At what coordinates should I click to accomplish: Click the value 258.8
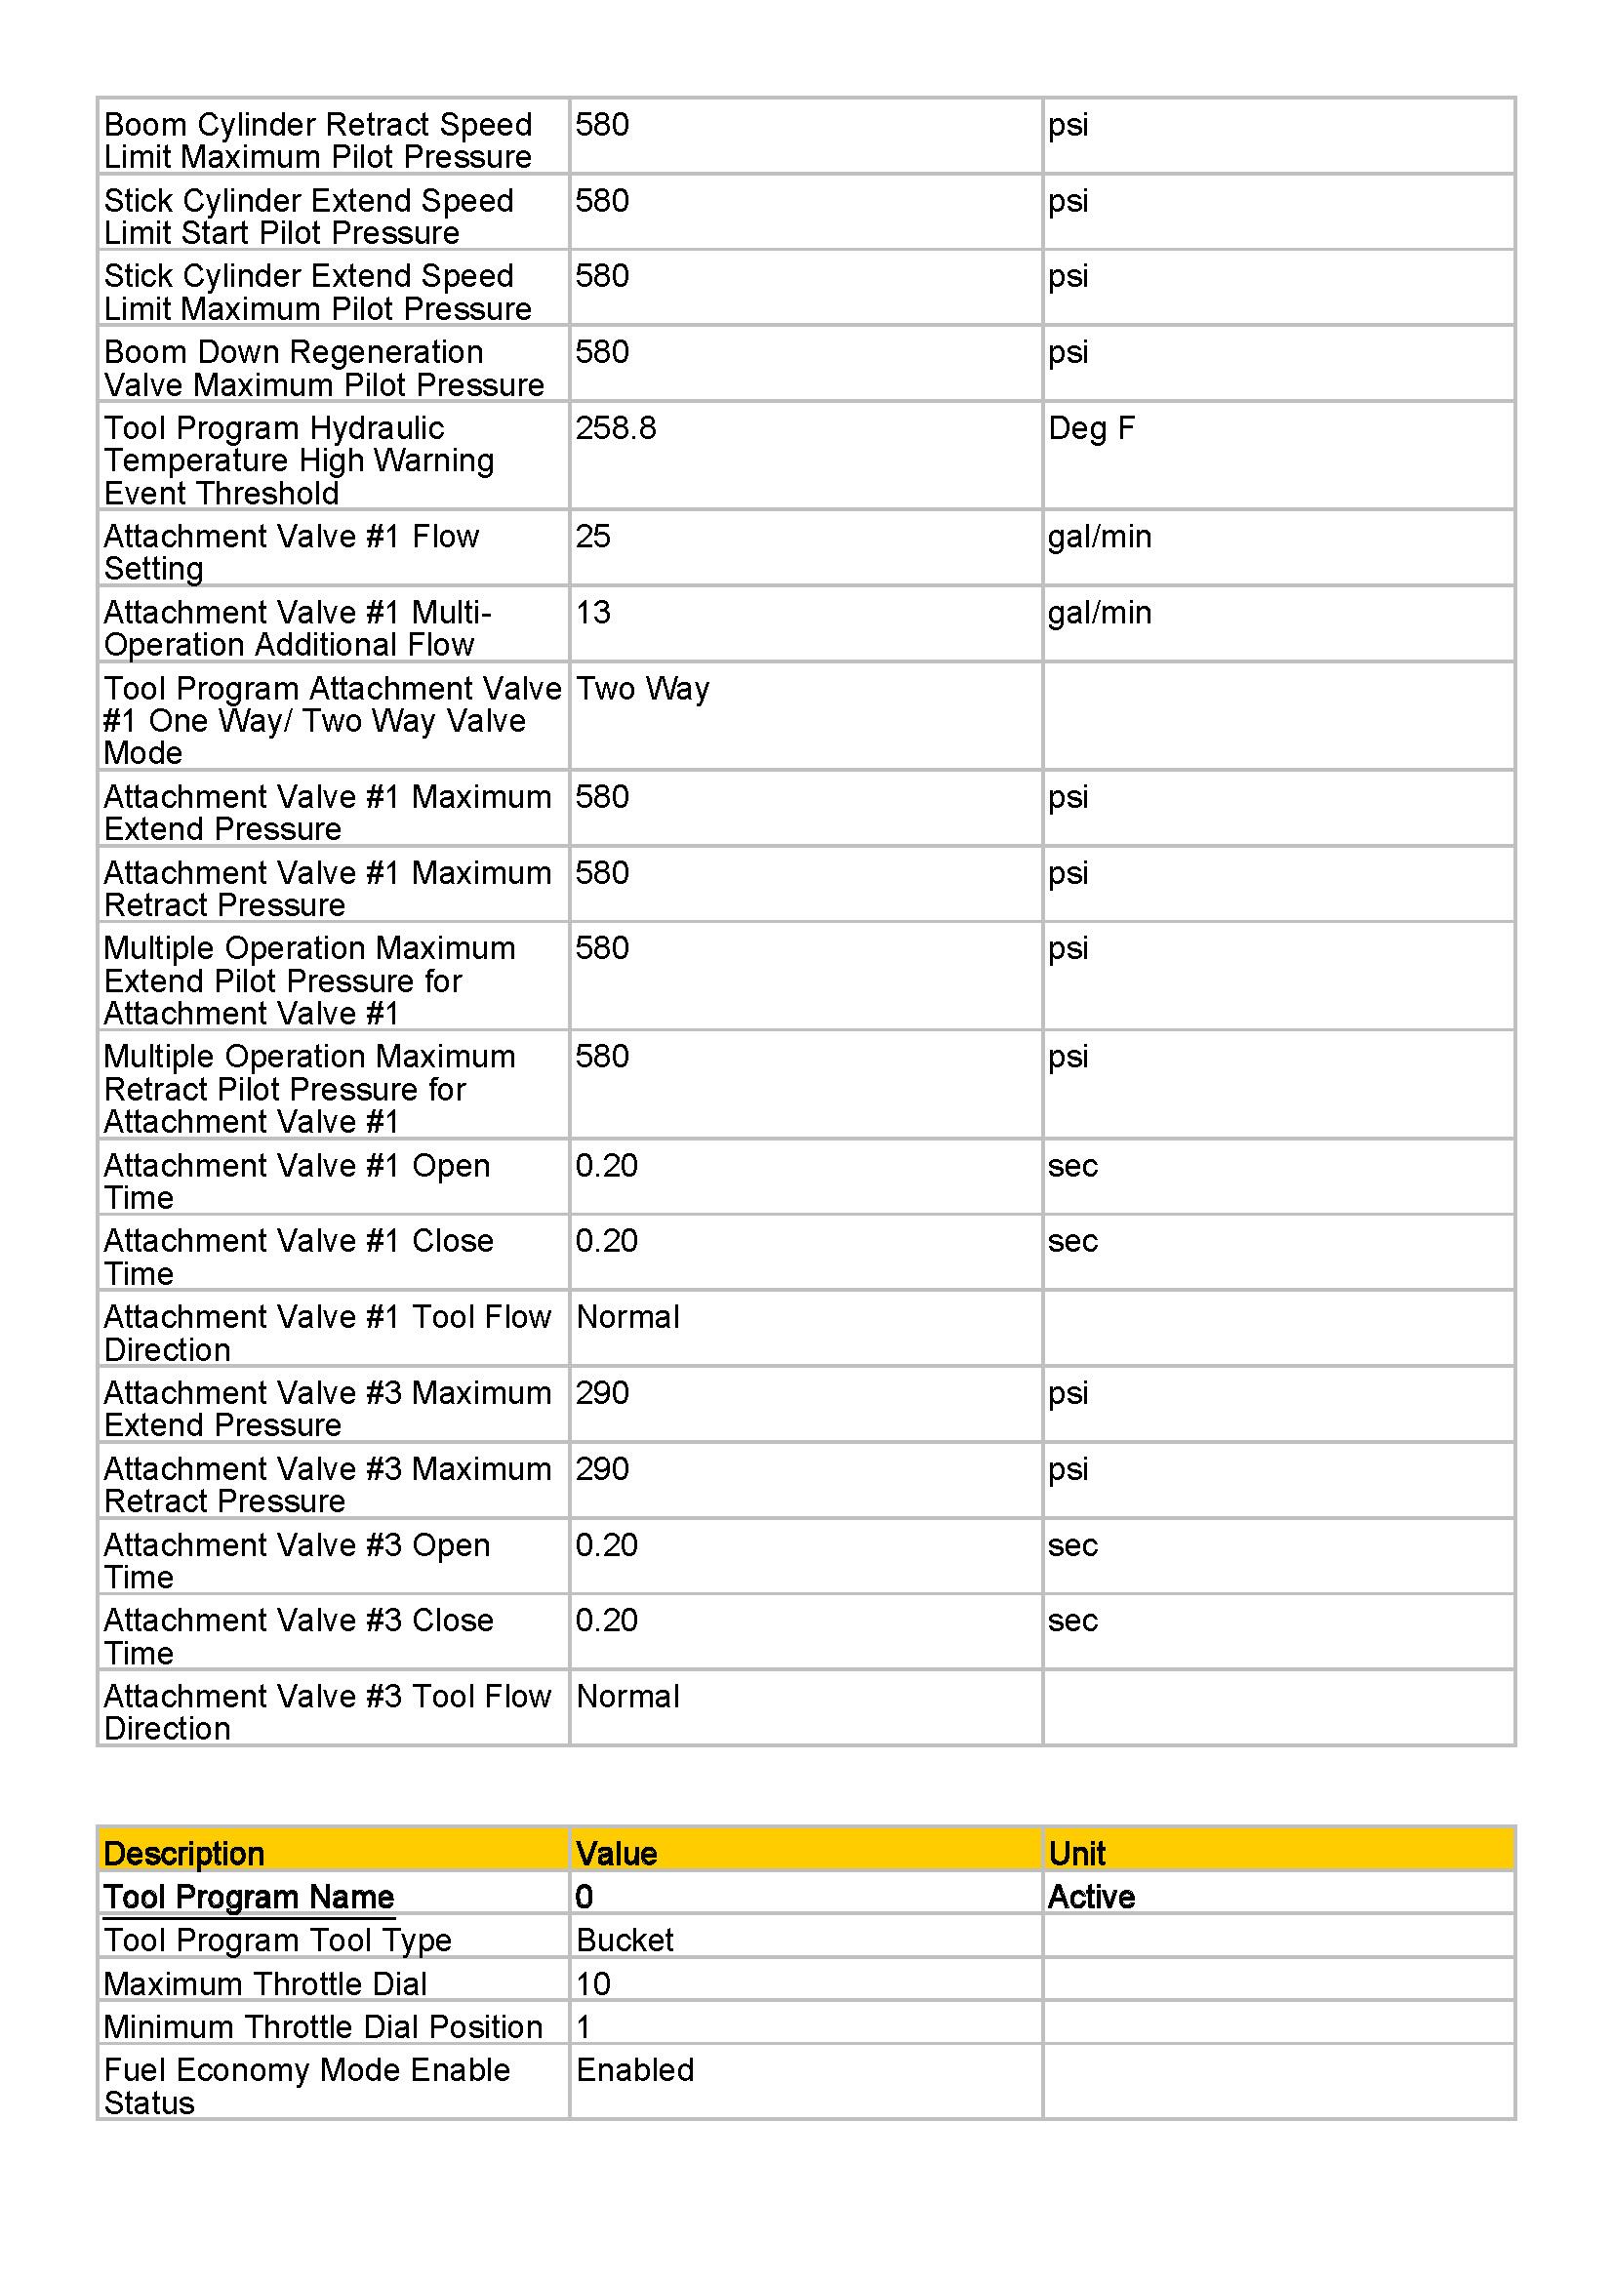pyautogui.click(x=615, y=428)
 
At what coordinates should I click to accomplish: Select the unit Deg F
pyautogui.click(x=1090, y=428)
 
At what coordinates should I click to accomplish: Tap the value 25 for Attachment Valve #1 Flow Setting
pyautogui.click(x=592, y=537)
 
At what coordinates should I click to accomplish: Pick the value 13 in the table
pyautogui.click(x=592, y=613)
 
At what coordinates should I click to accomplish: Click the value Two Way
pyautogui.click(x=642, y=689)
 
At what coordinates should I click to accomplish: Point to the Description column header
pyautogui.click(x=183, y=1854)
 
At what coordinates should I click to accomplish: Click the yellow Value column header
pyautogui.click(x=616, y=1854)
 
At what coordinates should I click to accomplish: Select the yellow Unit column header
pyautogui.click(x=1076, y=1854)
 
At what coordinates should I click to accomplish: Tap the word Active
pyautogui.click(x=1090, y=1897)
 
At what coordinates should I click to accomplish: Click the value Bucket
pyautogui.click(x=625, y=1940)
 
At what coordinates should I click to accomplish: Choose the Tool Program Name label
pyautogui.click(x=249, y=1897)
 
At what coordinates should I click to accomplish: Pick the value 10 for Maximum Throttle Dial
pyautogui.click(x=592, y=1983)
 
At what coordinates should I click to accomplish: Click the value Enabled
pyautogui.click(x=634, y=2069)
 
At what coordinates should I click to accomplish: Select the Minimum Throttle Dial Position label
pyautogui.click(x=323, y=2026)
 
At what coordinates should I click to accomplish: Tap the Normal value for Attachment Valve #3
pyautogui.click(x=627, y=1696)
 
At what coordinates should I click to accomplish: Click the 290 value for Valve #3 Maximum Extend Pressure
pyautogui.click(x=601, y=1392)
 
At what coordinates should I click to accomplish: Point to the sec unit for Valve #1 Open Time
pyautogui.click(x=1071, y=1165)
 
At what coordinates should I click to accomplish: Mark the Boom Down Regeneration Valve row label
pyautogui.click(x=323, y=368)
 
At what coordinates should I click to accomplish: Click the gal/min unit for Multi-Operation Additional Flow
pyautogui.click(x=1098, y=613)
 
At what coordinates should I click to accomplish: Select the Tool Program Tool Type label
pyautogui.click(x=277, y=1940)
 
